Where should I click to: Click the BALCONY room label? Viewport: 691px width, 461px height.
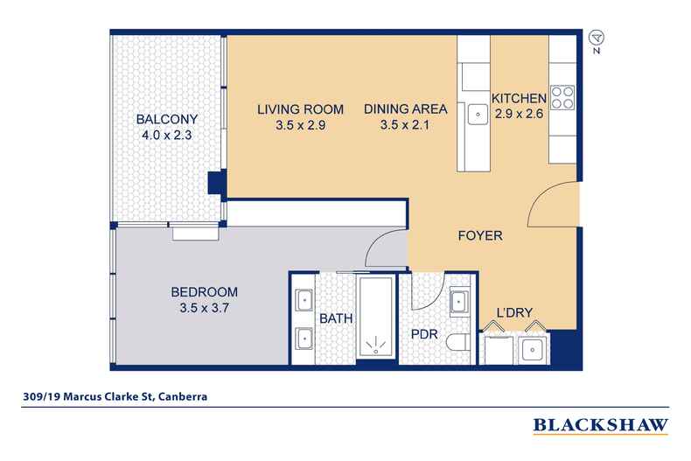166,120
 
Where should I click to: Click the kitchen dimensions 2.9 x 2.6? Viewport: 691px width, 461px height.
520,114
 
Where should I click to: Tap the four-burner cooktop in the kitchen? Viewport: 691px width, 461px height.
561,98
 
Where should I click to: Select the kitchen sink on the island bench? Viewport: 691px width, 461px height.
477,113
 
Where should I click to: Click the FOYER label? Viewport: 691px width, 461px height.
480,236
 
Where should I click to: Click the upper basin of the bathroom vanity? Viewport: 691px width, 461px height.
303,300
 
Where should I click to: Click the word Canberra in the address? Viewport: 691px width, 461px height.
182,395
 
